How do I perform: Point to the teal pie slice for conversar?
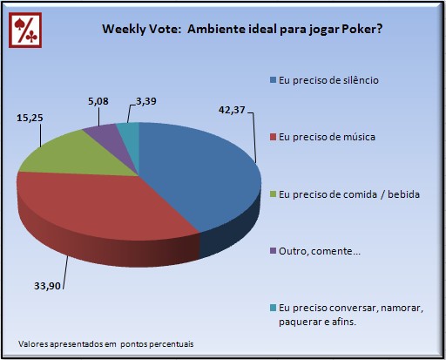click(129, 133)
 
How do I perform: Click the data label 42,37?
click(232, 110)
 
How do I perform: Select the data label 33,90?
click(47, 286)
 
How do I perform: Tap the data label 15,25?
click(30, 118)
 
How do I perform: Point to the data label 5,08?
click(98, 101)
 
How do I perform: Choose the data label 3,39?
click(146, 101)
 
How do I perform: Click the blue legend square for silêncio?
click(273, 80)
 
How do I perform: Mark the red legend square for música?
click(273, 137)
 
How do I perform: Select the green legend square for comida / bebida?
click(273, 194)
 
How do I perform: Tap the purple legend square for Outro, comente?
click(273, 251)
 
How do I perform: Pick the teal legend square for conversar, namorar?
click(273, 308)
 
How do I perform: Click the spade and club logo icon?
click(25, 30)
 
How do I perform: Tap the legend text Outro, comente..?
click(320, 251)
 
